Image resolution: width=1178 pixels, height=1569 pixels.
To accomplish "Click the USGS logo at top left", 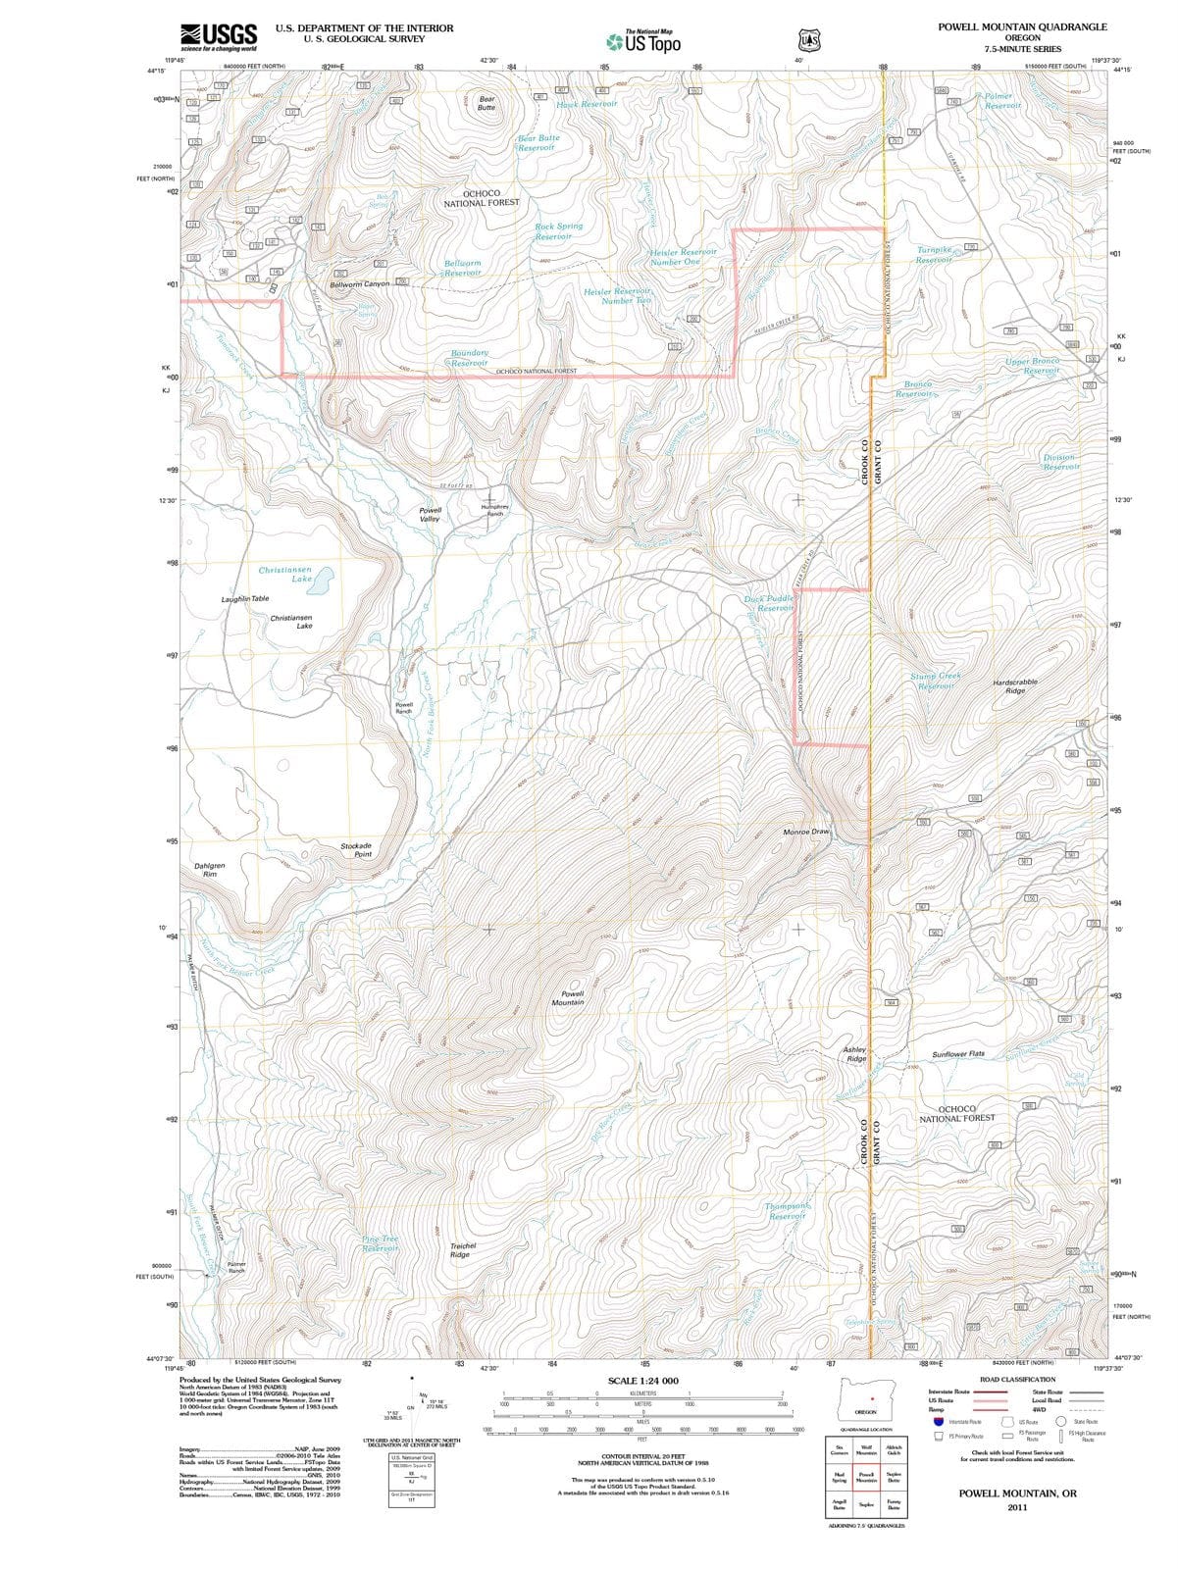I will (x=219, y=36).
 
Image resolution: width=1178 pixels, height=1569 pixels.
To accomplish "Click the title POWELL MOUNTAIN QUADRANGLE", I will (x=1022, y=27).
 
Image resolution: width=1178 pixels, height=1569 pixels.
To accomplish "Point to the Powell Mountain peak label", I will (x=568, y=998).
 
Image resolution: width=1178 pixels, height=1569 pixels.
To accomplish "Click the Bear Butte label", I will (x=487, y=103).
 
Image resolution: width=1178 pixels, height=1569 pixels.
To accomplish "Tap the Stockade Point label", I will (x=356, y=849).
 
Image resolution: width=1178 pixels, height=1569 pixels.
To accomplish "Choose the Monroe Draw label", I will (x=806, y=832).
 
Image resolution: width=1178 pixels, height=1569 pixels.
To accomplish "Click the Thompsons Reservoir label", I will (x=788, y=1211).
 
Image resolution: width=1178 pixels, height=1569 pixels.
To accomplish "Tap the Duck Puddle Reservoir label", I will (x=770, y=603).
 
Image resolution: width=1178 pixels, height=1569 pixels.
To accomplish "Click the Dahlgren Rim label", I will (x=210, y=870).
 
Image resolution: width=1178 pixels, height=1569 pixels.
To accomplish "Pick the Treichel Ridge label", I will (x=463, y=1250).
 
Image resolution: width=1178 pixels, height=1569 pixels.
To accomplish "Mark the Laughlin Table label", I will (x=245, y=598).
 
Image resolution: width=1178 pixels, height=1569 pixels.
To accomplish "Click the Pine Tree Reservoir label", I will (x=380, y=1243).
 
